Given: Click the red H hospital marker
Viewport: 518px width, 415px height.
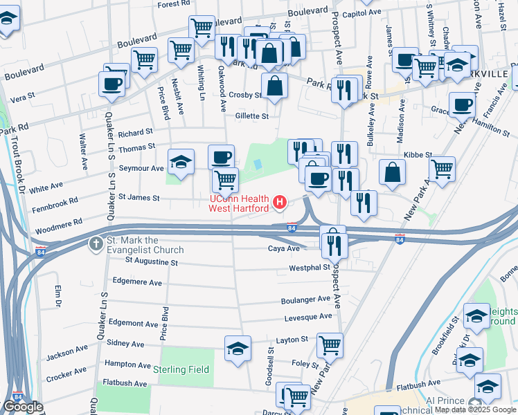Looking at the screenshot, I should pos(280,202).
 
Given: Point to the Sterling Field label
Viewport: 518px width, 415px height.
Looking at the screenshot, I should pos(185,370).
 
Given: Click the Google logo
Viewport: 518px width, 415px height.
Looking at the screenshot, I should pos(22,407).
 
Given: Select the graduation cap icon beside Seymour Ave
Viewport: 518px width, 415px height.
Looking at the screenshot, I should pos(181,163).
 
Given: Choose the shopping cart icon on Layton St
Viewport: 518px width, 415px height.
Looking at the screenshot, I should pos(330,344).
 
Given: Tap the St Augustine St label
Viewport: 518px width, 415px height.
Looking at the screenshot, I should pos(152,262).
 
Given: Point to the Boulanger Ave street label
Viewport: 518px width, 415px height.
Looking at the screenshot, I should pos(305,299).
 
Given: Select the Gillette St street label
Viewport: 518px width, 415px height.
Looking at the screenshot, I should pos(251,116).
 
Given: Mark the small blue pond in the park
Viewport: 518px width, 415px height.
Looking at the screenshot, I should pos(258,165).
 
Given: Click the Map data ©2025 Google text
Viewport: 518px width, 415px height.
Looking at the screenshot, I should pos(474,409).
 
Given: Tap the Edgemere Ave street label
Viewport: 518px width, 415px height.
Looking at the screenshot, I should pos(136,282).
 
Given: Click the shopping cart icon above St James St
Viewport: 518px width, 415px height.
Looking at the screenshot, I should pos(225,180).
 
